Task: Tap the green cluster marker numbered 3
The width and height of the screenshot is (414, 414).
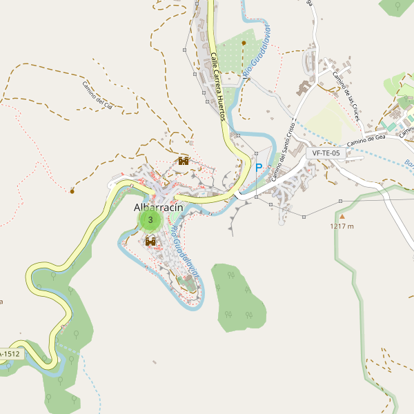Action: (150, 220)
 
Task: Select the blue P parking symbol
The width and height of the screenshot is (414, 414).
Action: (259, 168)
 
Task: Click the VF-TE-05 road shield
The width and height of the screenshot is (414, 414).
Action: (326, 153)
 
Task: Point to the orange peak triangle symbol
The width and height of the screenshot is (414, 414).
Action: (341, 216)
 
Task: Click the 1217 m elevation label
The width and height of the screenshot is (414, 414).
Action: (342, 226)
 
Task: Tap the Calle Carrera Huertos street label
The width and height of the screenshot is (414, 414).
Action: (218, 87)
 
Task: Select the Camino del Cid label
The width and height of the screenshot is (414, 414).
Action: (101, 96)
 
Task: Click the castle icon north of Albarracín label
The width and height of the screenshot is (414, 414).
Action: (184, 161)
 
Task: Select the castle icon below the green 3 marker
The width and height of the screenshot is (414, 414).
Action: (150, 239)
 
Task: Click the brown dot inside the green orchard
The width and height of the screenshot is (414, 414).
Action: (244, 43)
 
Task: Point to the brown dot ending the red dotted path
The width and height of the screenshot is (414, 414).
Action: (72, 190)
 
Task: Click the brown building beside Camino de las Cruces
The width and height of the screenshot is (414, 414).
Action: (304, 88)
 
